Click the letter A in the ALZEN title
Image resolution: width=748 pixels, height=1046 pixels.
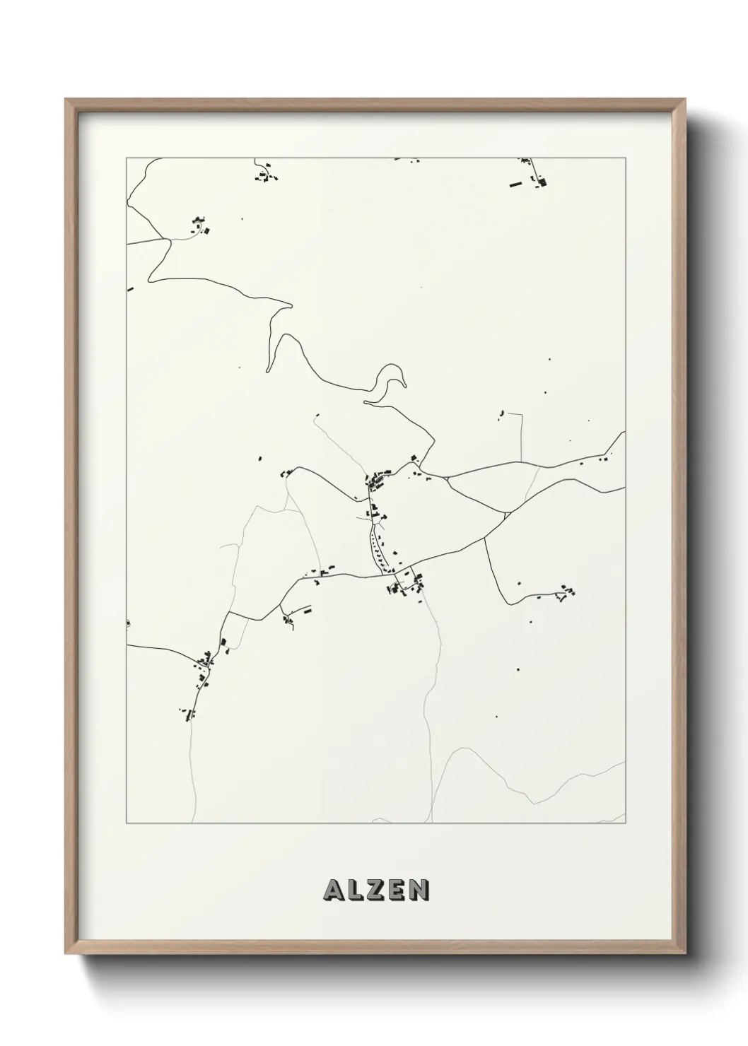tap(333, 890)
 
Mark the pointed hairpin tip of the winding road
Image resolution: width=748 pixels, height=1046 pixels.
tap(291, 305)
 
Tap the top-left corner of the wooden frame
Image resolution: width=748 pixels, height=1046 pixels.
tap(66, 100)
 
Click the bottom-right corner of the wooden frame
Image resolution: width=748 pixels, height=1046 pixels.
tap(686, 953)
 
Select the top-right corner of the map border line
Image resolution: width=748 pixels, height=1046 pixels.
tap(625, 158)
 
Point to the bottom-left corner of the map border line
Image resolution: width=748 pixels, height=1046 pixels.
tap(127, 823)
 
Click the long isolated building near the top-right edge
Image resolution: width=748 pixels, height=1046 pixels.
tap(515, 185)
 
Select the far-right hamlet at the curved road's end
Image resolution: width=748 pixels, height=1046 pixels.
tap(565, 592)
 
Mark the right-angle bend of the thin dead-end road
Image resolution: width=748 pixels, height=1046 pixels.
tap(521, 414)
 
